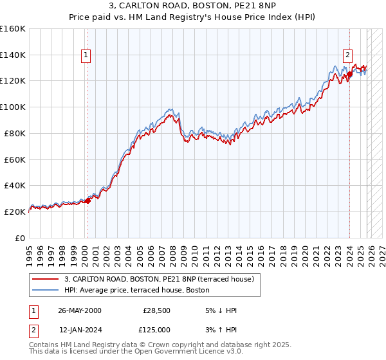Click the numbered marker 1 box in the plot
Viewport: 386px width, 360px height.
click(86, 55)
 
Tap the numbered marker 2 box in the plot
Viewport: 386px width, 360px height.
click(348, 55)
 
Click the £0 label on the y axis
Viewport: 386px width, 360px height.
click(20, 238)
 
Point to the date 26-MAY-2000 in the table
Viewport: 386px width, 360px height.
click(79, 310)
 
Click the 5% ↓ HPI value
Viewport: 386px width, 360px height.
click(221, 310)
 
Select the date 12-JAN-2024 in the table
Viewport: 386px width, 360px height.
click(79, 330)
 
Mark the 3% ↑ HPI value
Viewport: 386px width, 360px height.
click(221, 330)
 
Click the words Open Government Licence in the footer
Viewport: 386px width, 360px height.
click(187, 353)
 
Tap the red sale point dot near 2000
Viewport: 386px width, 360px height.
click(88, 201)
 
